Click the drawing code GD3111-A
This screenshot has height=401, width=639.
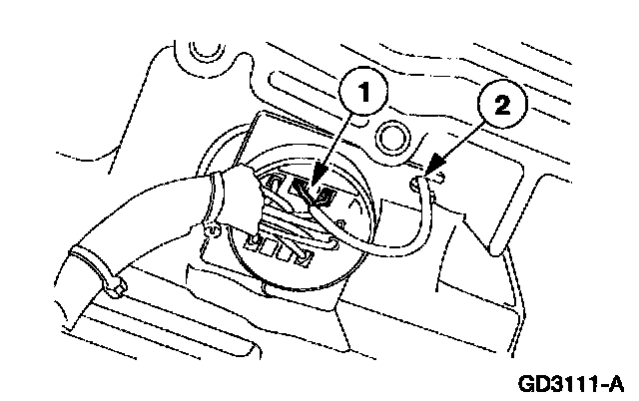click(x=570, y=384)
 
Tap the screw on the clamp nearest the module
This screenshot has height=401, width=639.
click(x=209, y=233)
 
